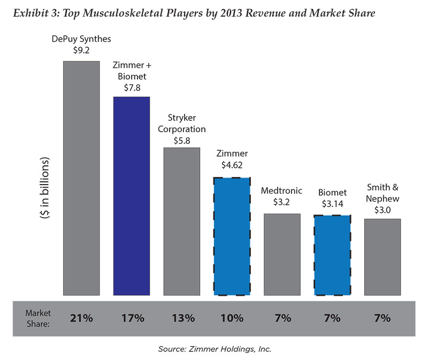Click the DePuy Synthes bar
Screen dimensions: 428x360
point(81,178)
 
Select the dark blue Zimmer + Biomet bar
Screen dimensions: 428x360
point(132,196)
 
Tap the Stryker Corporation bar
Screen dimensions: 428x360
point(182,221)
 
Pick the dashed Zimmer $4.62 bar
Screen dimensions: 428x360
point(232,236)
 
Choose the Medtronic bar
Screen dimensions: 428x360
point(282,255)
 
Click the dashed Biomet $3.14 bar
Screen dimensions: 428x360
point(332,255)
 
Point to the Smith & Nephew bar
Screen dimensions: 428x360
point(383,257)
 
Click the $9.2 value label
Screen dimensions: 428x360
point(81,50)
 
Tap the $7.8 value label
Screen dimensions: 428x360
point(132,88)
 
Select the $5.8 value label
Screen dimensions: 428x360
point(182,141)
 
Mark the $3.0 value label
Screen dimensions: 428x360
point(383,210)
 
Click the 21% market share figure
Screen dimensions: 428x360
point(81,318)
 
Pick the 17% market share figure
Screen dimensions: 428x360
point(133,318)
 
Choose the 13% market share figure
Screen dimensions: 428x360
point(183,318)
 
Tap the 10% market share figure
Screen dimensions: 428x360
point(232,318)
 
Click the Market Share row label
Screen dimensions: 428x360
point(38,318)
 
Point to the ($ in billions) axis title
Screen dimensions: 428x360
point(45,188)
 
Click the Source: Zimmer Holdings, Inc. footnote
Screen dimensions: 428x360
point(215,349)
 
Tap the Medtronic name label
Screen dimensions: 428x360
point(281,190)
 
